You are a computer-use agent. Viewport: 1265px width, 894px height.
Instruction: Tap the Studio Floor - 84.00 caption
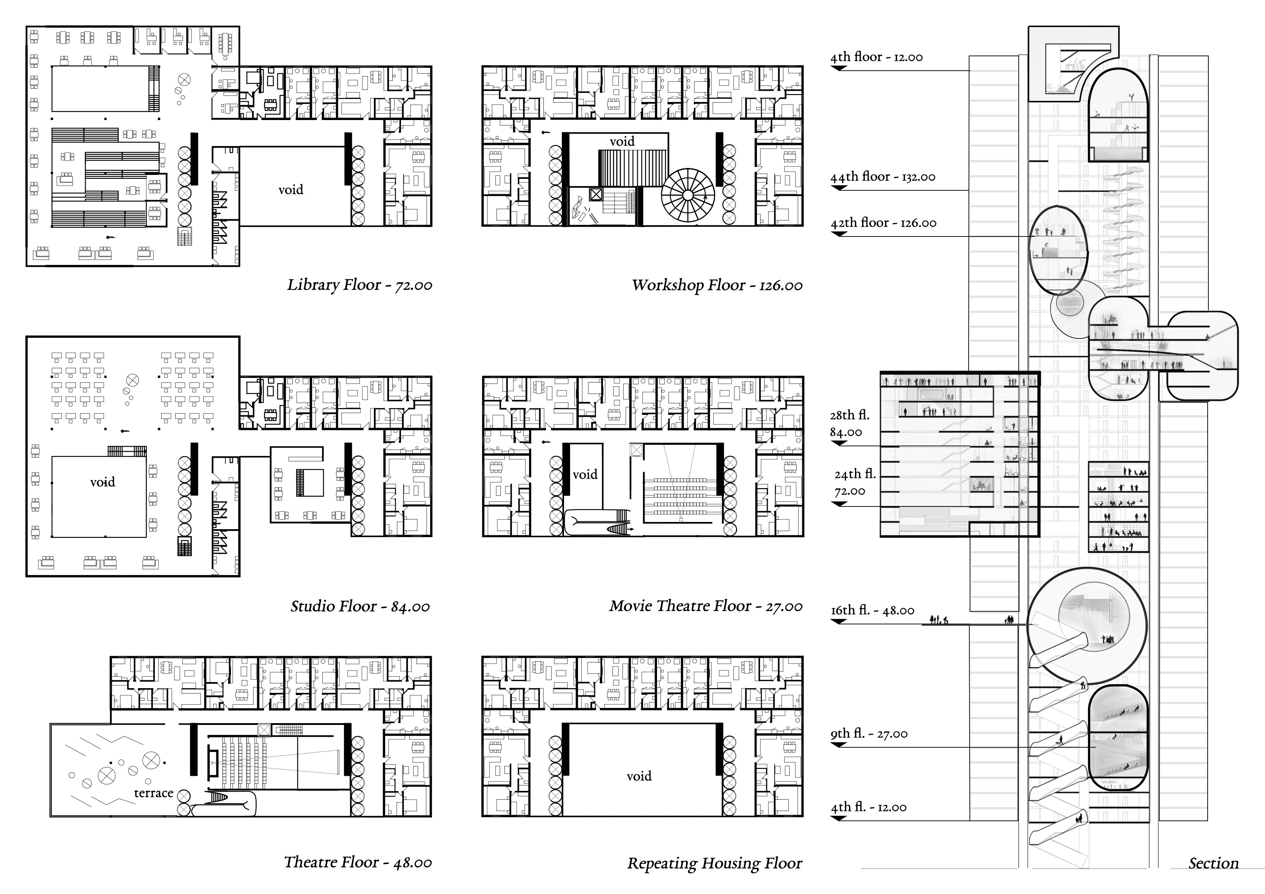click(360, 606)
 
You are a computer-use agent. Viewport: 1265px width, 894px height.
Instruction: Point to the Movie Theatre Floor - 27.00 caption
click(706, 606)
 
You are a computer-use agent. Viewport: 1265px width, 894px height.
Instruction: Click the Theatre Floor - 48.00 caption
click(358, 862)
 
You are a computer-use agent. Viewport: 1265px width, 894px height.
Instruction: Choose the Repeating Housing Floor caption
click(715, 863)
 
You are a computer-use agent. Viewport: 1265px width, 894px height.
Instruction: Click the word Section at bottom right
click(1213, 863)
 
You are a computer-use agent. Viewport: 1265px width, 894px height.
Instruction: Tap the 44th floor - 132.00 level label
click(883, 177)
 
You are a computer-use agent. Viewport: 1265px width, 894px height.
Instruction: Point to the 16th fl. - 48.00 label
click(872, 610)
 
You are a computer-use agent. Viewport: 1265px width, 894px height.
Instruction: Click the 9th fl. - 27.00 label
click(869, 734)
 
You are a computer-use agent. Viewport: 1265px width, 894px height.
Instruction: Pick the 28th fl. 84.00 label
click(849, 424)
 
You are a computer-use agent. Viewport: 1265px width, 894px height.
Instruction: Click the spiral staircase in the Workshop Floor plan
click(688, 195)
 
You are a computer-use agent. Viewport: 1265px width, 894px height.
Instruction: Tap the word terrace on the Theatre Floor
click(154, 793)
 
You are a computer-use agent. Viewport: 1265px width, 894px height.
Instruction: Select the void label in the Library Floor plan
click(290, 190)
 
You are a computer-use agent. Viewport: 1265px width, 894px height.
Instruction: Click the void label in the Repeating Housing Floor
click(639, 776)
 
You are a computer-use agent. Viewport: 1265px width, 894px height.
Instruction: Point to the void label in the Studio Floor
click(102, 483)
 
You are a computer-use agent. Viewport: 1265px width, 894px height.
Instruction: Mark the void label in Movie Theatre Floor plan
click(585, 475)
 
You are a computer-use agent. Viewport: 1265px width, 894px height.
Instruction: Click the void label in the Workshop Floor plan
click(622, 142)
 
